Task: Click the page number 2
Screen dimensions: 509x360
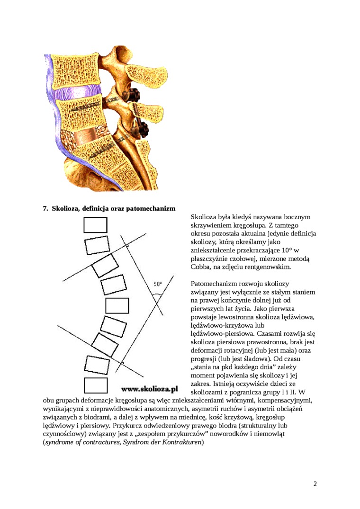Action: pos(315,484)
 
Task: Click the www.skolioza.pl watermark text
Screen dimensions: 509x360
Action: pos(149,389)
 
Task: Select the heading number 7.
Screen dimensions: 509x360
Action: pos(46,208)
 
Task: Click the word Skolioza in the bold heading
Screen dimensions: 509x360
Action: pos(66,208)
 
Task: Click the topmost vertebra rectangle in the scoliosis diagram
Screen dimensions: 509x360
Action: pos(95,225)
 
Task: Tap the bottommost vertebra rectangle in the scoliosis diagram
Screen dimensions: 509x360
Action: pos(96,385)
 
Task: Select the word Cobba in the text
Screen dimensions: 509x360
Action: pos(200,267)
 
